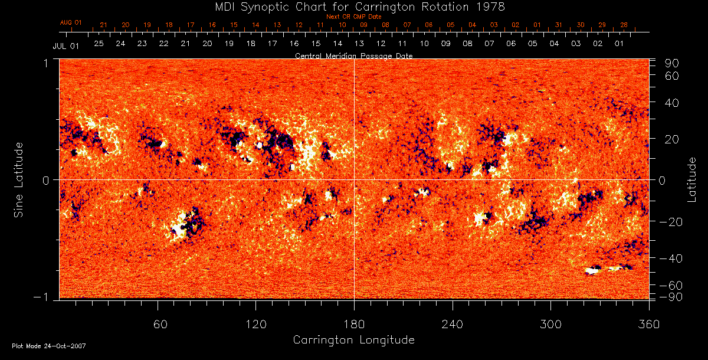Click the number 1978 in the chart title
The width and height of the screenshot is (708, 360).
click(491, 7)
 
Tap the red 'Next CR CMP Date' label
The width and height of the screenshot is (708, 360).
click(353, 17)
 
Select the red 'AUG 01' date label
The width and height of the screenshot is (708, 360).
click(71, 22)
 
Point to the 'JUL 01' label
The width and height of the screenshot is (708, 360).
click(65, 45)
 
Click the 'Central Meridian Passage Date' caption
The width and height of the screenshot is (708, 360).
click(353, 56)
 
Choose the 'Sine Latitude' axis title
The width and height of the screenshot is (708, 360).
click(19, 179)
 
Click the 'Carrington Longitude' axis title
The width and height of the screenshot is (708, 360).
click(353, 340)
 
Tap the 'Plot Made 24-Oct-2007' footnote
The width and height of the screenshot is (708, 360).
click(49, 346)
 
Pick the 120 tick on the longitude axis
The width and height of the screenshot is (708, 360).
click(255, 324)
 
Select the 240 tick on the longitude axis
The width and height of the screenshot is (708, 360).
click(452, 324)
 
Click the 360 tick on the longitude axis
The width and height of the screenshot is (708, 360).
click(648, 324)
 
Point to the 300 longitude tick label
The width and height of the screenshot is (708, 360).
click(550, 324)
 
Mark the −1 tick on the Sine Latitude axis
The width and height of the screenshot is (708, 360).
click(45, 297)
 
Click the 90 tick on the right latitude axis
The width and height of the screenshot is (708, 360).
click(673, 63)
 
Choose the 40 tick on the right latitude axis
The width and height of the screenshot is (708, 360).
click(673, 103)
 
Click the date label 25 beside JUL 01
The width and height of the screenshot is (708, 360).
click(99, 44)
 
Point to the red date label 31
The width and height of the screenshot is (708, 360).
click(558, 25)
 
